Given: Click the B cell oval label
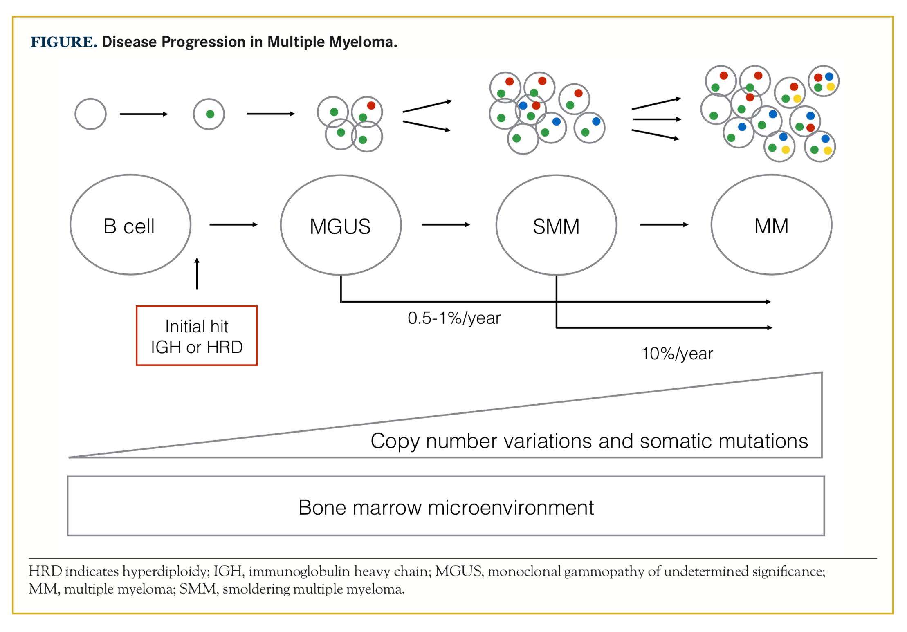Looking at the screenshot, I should pyautogui.click(x=129, y=226).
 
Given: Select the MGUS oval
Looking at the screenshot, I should pyautogui.click(x=340, y=226).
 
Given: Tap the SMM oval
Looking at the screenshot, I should pyautogui.click(x=556, y=226).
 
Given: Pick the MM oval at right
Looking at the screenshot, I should pyautogui.click(x=771, y=226).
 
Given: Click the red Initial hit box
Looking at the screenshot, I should pyautogui.click(x=197, y=336).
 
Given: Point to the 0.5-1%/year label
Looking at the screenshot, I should pyautogui.click(x=454, y=318).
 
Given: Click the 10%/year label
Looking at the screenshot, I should pyautogui.click(x=677, y=354).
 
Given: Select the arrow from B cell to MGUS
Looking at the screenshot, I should pyautogui.click(x=233, y=224).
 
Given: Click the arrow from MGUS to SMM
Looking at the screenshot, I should pyautogui.click(x=446, y=224).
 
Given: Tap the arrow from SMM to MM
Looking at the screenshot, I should pyautogui.click(x=664, y=224).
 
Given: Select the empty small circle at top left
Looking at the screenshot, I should pyautogui.click(x=90, y=114).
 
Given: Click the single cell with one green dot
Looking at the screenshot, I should pyautogui.click(x=209, y=114).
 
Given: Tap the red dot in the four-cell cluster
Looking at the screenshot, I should pyautogui.click(x=371, y=105).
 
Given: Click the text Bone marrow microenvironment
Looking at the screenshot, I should pyautogui.click(x=446, y=508).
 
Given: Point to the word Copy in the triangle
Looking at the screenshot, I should pyautogui.click(x=395, y=442).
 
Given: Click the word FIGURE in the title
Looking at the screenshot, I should pyautogui.click(x=63, y=42).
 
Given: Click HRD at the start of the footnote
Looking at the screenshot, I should pyautogui.click(x=45, y=571).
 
